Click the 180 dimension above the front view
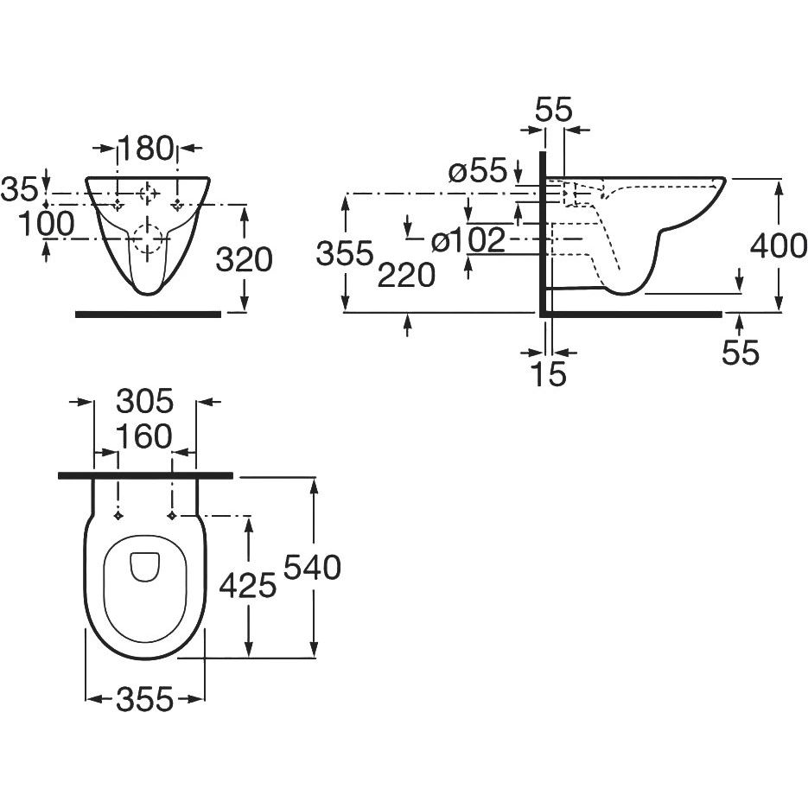coord(148,149)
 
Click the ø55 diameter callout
coord(477,171)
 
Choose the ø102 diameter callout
coord(468,241)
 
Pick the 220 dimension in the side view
coord(406,276)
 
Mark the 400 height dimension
coord(779,248)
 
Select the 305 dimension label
coord(145,402)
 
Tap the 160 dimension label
coord(144,437)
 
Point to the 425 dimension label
coord(247,587)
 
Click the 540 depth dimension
coord(313,568)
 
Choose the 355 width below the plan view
coord(144,699)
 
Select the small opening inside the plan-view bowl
coord(144,566)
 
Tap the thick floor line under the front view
coord(148,314)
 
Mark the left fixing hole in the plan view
coord(118,516)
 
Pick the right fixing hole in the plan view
coord(174,516)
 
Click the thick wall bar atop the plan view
coord(145,475)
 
